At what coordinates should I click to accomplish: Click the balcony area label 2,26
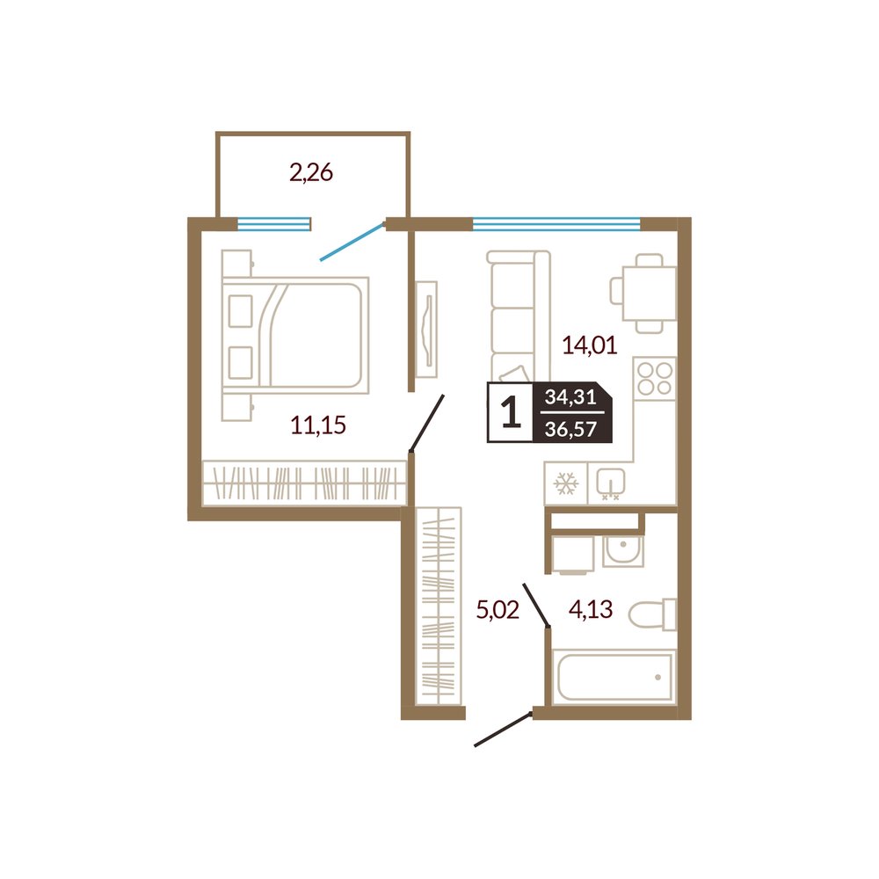point(311,172)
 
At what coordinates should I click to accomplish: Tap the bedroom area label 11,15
point(318,425)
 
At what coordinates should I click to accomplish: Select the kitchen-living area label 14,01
point(590,345)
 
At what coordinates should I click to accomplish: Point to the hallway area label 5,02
point(498,609)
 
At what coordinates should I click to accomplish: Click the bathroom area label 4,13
point(591,608)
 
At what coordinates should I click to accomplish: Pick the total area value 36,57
point(570,430)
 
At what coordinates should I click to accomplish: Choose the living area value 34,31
point(570,397)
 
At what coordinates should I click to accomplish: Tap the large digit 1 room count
point(511,412)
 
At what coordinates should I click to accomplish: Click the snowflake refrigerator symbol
point(565,483)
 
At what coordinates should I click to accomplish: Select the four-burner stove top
point(655,378)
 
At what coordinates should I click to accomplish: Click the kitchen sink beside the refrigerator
point(611,483)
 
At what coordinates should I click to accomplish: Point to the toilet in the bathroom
point(652,615)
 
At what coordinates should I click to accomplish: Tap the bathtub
point(615,677)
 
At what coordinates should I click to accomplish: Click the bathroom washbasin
point(623,550)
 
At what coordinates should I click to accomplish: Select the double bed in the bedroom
point(295,334)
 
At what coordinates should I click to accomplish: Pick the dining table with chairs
point(643,294)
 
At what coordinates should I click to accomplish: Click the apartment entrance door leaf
point(503,729)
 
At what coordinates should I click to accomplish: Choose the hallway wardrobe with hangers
point(439,606)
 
